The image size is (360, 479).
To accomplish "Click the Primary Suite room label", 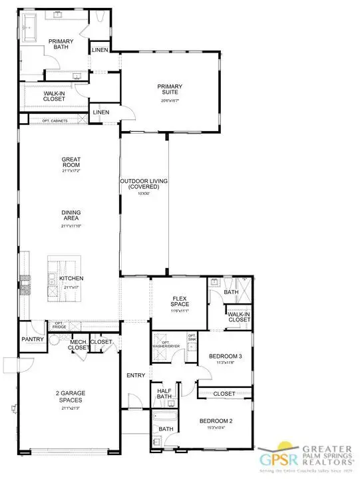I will click(x=170, y=89).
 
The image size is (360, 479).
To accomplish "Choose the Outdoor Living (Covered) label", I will click(x=144, y=184).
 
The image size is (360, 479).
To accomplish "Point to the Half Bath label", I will click(x=164, y=395).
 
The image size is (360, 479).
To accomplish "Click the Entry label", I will click(x=136, y=376).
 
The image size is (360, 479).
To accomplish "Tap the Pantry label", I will click(x=32, y=339).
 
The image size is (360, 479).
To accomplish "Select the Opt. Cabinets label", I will click(x=55, y=120).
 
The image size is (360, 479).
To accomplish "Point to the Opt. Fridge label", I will click(x=60, y=325).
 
